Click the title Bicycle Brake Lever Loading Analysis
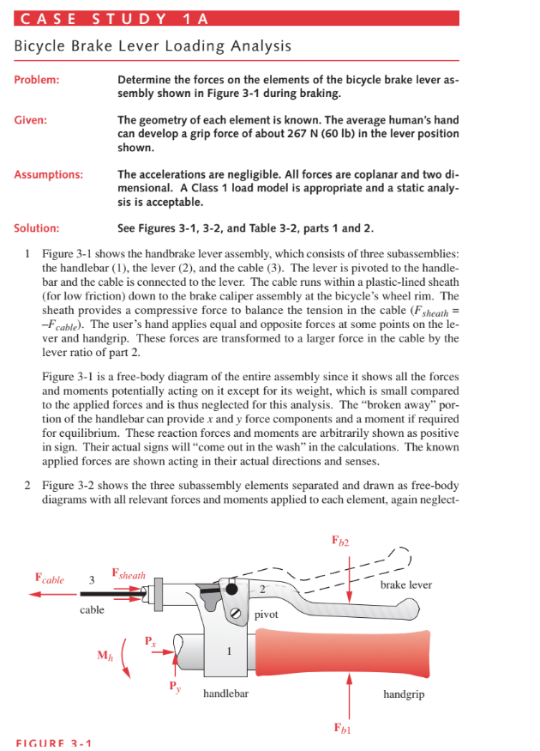pos(153,45)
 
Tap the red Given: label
pos(31,121)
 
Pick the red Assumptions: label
pos(49,175)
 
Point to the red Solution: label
pos(37,228)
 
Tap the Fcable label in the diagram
pos(49,579)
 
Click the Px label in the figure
pos(151,639)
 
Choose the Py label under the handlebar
pos(175,687)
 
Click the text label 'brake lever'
pos(405,584)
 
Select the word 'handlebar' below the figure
pos(225,693)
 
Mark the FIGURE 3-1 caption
pos(54,743)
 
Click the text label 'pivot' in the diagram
pos(267,615)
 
